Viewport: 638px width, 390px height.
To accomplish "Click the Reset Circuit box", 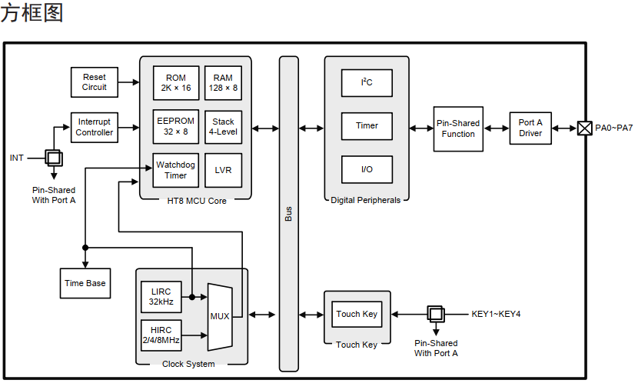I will coord(95,82).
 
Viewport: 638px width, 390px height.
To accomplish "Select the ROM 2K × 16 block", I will coord(176,83).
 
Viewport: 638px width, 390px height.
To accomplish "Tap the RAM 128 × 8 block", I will coord(223,83).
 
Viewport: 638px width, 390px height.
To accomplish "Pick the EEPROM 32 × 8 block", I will coord(176,126).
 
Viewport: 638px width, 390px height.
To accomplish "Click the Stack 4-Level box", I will coord(223,126).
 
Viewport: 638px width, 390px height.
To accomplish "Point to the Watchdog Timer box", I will coord(176,170).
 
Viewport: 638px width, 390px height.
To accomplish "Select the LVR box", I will coord(223,170).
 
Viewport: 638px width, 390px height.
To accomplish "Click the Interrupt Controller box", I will coord(95,127).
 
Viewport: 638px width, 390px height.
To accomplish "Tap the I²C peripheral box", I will coord(367,82).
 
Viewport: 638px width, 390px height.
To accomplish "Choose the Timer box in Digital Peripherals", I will coord(367,126).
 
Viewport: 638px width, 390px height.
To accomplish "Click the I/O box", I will coord(367,169).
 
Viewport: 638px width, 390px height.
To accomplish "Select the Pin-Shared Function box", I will coord(458,128).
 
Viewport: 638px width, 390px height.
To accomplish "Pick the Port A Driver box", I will coord(530,128).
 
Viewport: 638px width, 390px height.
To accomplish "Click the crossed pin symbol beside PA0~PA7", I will coord(585,128).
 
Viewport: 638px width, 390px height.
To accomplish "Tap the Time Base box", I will coord(85,283).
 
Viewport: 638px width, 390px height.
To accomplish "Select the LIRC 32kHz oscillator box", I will coord(161,297).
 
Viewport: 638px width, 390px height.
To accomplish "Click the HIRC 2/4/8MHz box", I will coord(161,335).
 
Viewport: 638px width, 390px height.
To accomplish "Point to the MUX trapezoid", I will coord(220,315).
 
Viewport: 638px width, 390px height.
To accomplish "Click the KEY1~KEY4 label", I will coord(496,314).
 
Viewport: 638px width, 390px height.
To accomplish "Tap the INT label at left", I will coord(17,158).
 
